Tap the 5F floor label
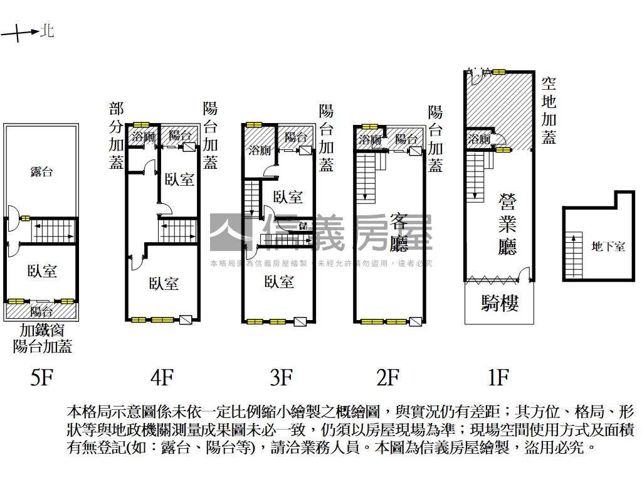42,378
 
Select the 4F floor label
162,378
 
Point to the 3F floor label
282,378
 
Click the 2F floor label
387,378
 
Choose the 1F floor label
498,378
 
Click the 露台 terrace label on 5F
41,172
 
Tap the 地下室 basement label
608,247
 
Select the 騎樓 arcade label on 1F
500,304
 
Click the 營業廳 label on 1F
507,224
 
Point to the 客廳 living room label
399,232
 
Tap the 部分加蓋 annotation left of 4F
116,136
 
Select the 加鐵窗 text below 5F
42,330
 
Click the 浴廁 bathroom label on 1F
479,139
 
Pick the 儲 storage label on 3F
303,225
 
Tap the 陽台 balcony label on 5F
42,311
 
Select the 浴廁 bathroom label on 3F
259,150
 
